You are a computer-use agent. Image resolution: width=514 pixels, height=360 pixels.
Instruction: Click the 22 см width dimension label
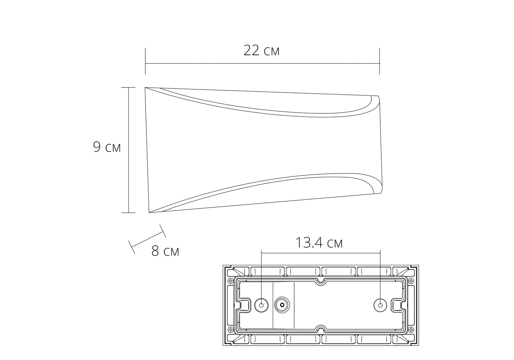tap(261, 50)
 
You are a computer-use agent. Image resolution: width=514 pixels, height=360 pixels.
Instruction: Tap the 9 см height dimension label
tap(107, 147)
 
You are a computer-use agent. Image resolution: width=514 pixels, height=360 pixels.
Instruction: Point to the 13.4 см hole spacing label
tap(319, 243)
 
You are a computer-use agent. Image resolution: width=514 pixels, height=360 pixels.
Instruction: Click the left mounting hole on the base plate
tap(261, 305)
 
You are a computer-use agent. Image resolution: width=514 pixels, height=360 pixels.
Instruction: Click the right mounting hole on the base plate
tap(380, 305)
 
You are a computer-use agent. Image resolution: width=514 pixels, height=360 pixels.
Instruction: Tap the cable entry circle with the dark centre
tap(282, 305)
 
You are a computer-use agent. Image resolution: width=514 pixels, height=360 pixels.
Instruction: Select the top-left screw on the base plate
tap(231, 280)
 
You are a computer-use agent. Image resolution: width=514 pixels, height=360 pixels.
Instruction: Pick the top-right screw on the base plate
tap(411, 280)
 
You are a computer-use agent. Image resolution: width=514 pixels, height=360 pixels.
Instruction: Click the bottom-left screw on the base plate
tap(231, 330)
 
